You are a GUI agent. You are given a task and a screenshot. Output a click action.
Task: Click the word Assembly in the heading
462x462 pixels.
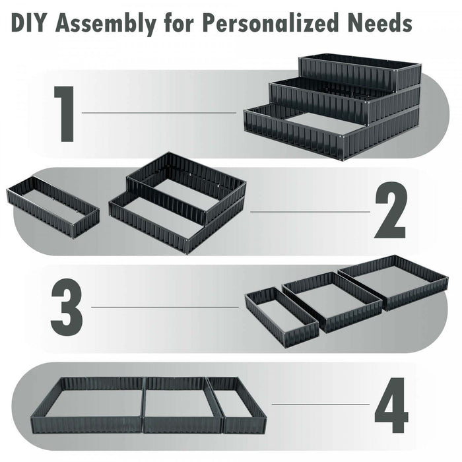pos(106,24)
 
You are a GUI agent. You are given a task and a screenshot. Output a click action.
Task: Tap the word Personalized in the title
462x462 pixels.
pos(267,24)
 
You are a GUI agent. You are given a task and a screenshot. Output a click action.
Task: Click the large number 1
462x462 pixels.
pos(64,114)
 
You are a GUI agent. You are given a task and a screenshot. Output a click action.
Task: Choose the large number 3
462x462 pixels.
pos(66,307)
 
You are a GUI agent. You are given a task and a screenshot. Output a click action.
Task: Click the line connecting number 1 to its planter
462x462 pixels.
pos(158,113)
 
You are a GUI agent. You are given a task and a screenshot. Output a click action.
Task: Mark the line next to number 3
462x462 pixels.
pos(165,307)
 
